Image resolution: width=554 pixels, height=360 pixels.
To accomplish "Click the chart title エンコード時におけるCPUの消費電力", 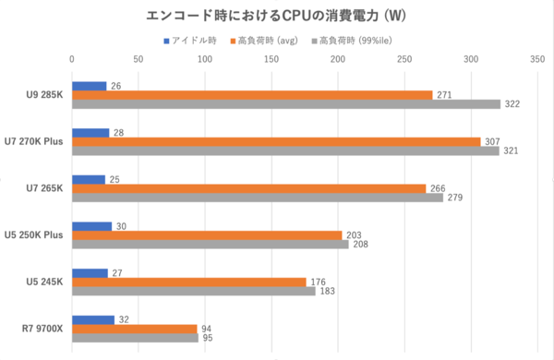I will (x=277, y=17).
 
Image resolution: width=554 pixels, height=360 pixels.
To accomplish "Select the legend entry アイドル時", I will (x=195, y=41).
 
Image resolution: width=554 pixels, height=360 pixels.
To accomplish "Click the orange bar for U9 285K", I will (x=252, y=94).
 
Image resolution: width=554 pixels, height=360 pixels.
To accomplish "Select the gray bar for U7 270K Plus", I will (x=285, y=150).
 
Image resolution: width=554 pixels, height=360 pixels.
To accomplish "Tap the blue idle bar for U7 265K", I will (x=89, y=179).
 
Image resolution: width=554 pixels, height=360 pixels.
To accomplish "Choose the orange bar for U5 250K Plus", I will (x=207, y=234).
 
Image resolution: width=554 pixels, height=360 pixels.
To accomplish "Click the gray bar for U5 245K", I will (x=194, y=291).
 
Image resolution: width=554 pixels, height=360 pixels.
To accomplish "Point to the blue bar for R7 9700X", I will (x=93, y=319).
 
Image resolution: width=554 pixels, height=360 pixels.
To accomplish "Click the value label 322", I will (x=512, y=104).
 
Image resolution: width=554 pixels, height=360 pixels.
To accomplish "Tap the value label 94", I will (x=209, y=329).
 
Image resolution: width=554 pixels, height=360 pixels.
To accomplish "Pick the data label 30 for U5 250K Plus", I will (x=123, y=225).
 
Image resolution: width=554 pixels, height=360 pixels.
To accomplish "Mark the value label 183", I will (x=328, y=291).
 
